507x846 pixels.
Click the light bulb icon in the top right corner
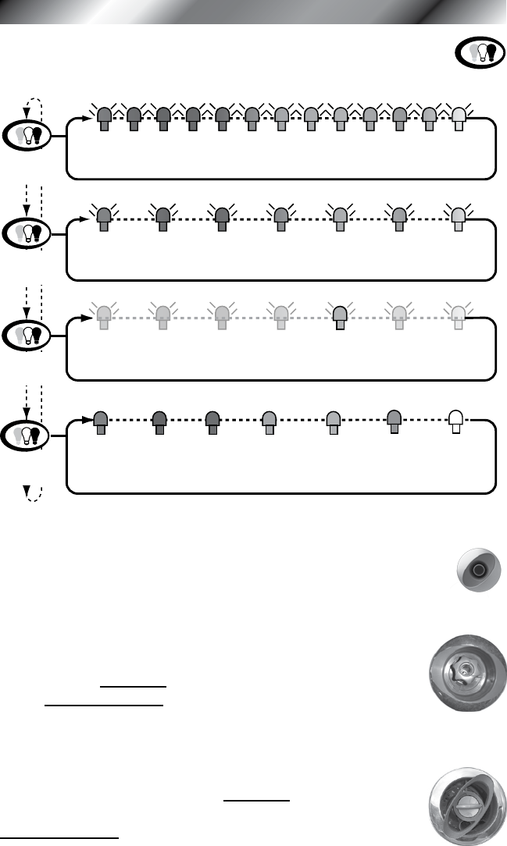477,52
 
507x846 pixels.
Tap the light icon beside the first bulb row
29,134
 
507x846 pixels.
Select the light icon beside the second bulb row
29,232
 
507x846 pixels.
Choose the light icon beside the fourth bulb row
29,434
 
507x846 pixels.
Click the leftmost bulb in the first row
104,118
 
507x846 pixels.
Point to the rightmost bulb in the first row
459,118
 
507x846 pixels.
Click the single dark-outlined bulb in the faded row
340,318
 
